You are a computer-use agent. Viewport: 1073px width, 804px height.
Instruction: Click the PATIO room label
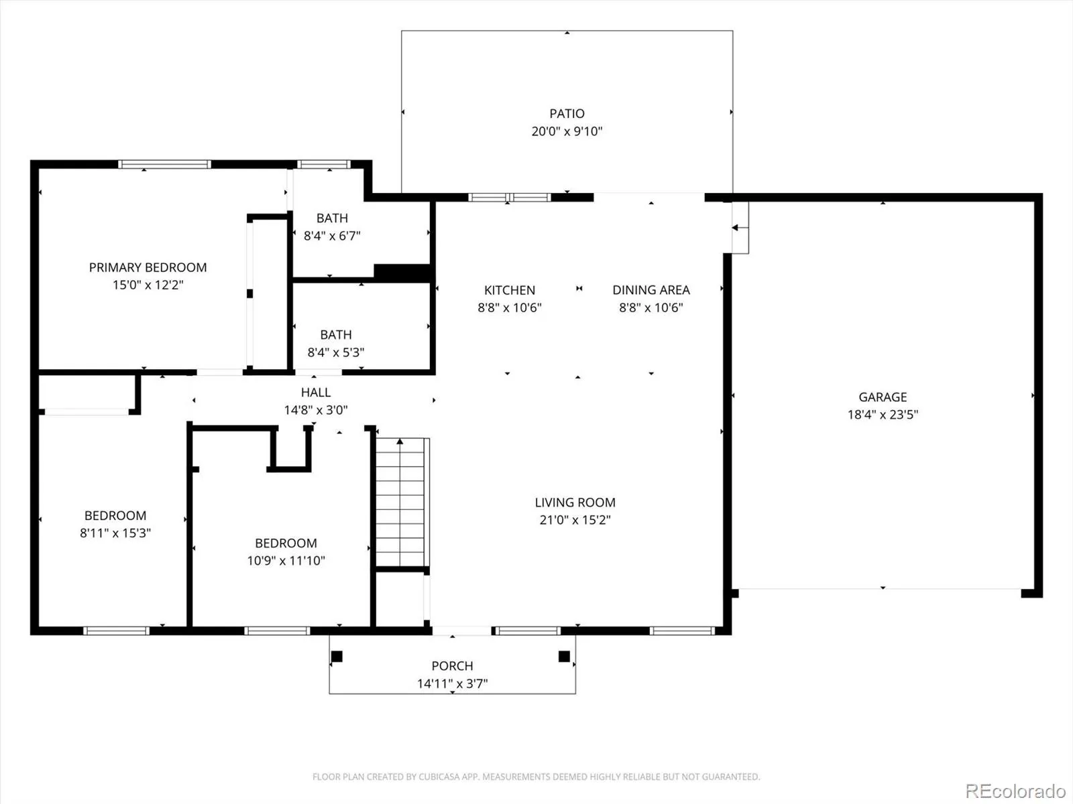click(567, 113)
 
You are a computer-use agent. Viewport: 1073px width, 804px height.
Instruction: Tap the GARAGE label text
click(883, 397)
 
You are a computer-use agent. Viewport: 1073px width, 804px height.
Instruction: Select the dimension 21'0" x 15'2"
click(575, 520)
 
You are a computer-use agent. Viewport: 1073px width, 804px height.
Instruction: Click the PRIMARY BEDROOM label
click(148, 267)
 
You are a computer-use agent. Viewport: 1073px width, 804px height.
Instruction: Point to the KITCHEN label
click(510, 290)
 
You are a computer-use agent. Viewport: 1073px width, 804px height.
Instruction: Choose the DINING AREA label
click(651, 290)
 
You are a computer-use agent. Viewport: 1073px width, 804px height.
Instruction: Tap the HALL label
click(316, 392)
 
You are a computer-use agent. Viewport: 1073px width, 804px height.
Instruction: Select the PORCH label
click(452, 666)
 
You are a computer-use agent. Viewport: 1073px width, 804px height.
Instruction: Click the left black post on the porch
click(337, 656)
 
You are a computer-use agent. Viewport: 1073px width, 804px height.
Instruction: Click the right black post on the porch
click(564, 656)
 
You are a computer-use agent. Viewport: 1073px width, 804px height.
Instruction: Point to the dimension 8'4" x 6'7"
click(332, 236)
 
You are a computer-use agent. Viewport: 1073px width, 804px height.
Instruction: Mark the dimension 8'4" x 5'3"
click(335, 352)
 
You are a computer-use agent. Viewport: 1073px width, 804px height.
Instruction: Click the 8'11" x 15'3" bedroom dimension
click(115, 533)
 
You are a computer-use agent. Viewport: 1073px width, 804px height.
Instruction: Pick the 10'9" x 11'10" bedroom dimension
click(286, 560)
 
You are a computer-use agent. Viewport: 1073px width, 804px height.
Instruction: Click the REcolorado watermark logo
click(1016, 791)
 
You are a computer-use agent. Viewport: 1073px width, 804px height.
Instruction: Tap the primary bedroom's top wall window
click(165, 164)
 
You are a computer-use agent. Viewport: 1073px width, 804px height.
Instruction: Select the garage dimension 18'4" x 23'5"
click(883, 415)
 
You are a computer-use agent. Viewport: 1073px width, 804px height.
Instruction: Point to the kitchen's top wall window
click(510, 197)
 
